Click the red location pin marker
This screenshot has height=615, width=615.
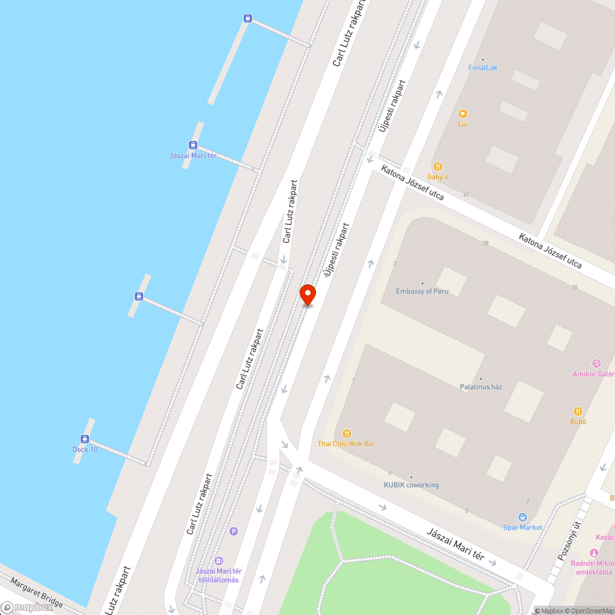(307, 294)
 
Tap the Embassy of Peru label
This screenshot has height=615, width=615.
(422, 291)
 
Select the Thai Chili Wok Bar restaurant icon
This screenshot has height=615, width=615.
(347, 434)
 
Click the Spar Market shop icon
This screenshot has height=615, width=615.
(523, 517)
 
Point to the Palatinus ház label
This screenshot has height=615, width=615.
(481, 386)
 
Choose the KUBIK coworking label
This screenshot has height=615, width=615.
(411, 485)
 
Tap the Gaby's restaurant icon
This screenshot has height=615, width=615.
(438, 166)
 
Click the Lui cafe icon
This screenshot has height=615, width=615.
(463, 113)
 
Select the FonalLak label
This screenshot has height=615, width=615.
(482, 68)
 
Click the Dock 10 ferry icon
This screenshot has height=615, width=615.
(85, 439)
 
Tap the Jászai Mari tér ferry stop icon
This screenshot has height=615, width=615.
(193, 146)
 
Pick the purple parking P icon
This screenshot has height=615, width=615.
(233, 531)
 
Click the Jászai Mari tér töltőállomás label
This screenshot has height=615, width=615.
(218, 576)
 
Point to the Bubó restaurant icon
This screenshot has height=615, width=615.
(578, 411)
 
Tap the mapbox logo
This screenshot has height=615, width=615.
(27, 607)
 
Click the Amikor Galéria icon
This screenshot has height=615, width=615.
(596, 363)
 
